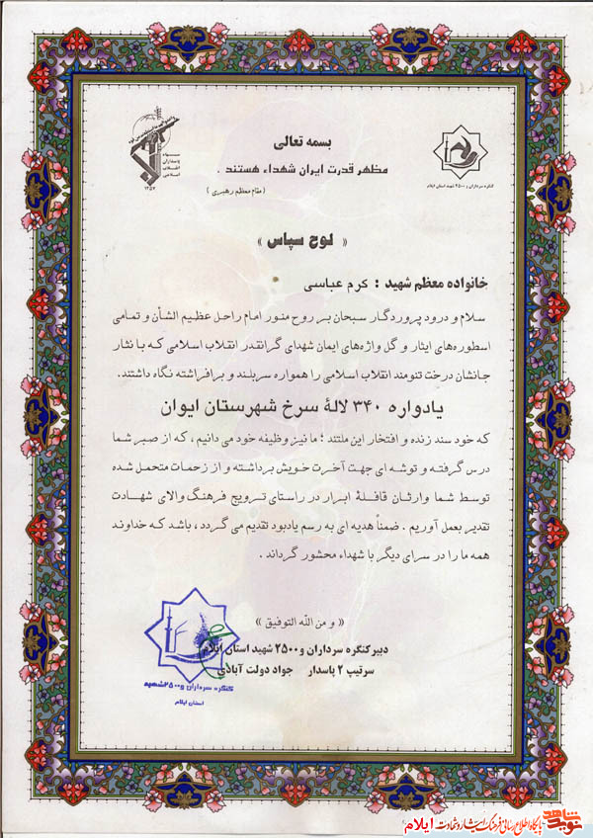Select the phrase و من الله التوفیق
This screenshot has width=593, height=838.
pyautogui.click(x=296, y=625)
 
